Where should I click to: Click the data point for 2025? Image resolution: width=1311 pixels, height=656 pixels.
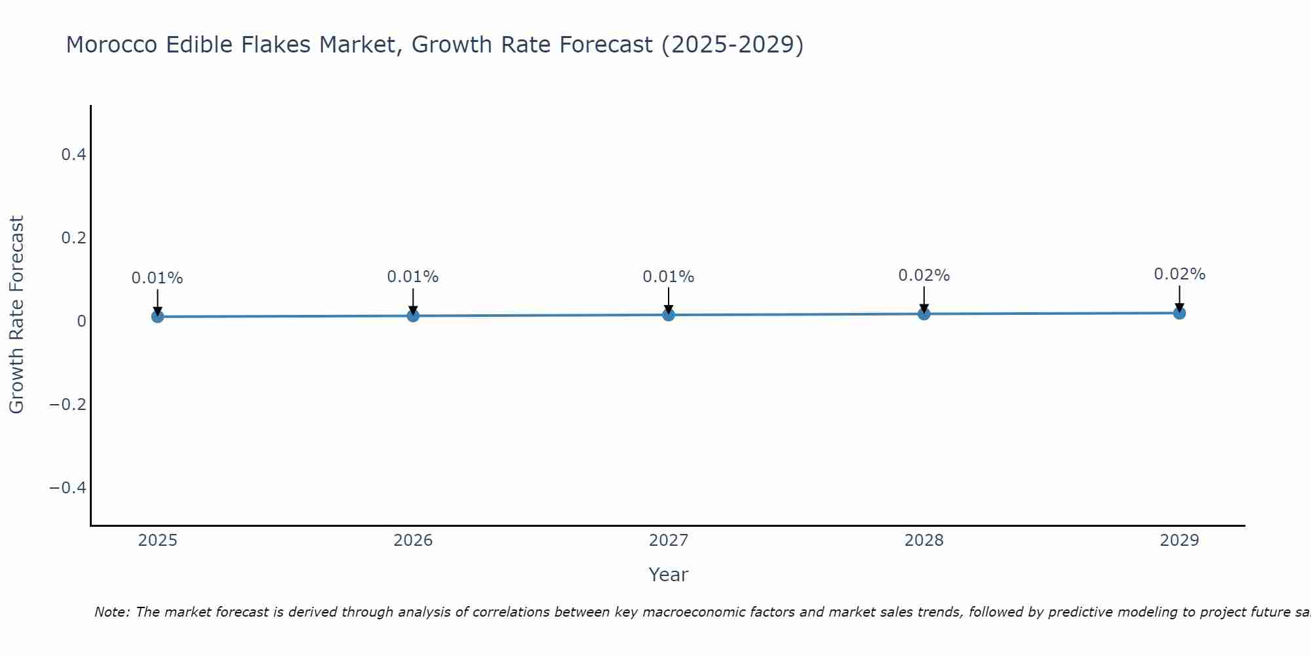[x=157, y=316]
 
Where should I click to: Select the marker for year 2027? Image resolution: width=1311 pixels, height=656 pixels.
[x=668, y=315]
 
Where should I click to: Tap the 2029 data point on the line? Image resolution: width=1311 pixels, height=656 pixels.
[x=1179, y=313]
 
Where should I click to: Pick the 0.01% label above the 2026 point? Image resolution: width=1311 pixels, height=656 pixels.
[x=412, y=277]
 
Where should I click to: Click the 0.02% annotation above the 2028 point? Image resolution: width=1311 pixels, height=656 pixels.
[x=924, y=276]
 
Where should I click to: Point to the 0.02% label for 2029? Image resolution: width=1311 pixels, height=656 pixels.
[x=1179, y=274]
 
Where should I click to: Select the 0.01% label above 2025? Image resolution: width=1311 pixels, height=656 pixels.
[x=157, y=278]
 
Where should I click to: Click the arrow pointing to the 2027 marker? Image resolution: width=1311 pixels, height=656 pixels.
[x=668, y=300]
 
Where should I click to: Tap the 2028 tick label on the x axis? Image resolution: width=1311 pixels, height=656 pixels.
[x=924, y=541]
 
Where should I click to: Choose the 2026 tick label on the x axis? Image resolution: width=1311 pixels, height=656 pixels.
[x=413, y=541]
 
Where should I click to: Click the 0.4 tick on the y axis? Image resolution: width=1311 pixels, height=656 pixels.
[x=73, y=155]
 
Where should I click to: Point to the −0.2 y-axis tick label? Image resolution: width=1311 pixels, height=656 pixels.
[x=68, y=404]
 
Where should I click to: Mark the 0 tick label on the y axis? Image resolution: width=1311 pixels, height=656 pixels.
[x=81, y=321]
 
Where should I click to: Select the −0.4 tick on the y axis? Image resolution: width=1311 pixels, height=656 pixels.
[x=68, y=487]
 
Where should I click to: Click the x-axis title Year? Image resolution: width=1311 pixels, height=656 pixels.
[x=668, y=575]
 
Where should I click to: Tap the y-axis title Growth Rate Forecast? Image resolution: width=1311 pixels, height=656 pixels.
[x=17, y=315]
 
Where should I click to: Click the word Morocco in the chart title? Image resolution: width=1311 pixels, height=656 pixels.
[x=111, y=45]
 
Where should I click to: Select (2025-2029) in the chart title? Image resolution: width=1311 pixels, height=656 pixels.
[x=732, y=45]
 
